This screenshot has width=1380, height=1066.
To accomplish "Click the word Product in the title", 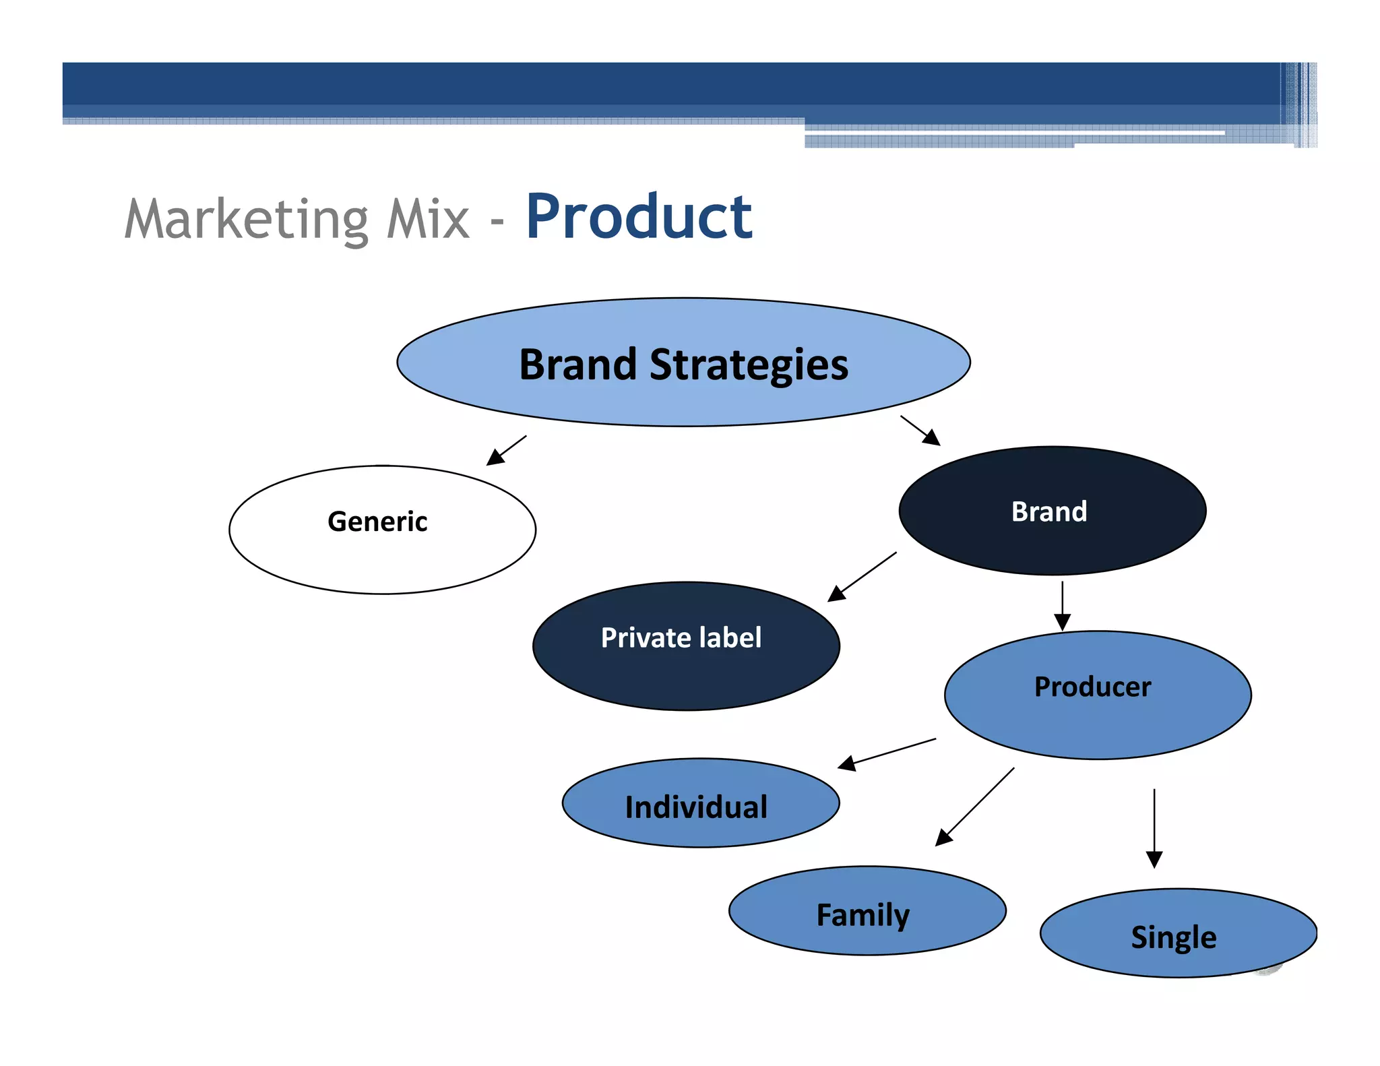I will [638, 217].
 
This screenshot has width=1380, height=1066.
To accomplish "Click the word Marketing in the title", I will [247, 220].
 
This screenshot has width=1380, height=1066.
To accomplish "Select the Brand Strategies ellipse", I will [683, 398].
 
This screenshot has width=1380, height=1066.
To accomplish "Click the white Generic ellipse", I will [382, 553].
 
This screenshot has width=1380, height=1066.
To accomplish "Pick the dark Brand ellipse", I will [1052, 539].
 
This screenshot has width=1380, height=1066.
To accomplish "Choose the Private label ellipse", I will [686, 674].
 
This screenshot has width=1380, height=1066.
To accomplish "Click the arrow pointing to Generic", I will [507, 450].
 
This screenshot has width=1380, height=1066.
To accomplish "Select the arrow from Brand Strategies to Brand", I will [920, 431].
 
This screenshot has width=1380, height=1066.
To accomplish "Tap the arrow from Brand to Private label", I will [862, 576].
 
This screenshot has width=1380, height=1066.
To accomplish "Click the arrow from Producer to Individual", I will [887, 754].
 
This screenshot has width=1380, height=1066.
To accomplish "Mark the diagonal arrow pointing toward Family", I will [975, 807].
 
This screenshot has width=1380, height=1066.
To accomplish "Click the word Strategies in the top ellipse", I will [748, 365].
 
